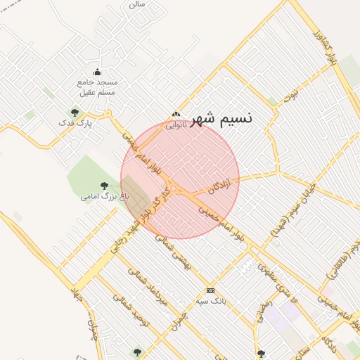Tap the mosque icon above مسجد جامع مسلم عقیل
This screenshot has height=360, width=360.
[x=98, y=72]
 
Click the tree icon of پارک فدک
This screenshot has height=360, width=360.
[x=75, y=112]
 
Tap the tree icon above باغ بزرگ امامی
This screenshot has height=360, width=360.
[x=105, y=186]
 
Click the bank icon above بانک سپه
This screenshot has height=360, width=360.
[x=210, y=290]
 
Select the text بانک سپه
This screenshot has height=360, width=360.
[x=210, y=300]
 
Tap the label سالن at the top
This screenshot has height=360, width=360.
[x=136, y=4]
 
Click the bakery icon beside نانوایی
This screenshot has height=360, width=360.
[x=176, y=115]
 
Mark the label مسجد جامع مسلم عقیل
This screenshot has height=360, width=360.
[x=98, y=86]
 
